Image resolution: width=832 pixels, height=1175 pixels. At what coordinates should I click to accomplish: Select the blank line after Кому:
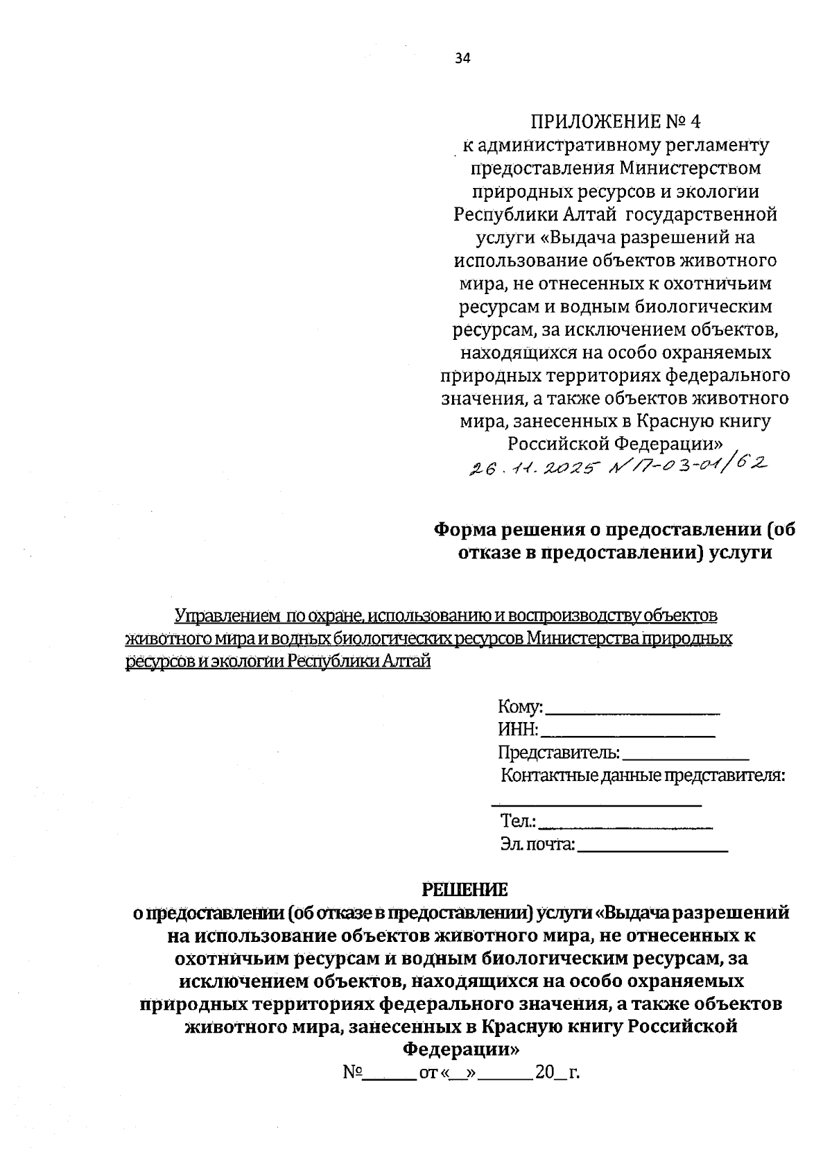click(x=632, y=710)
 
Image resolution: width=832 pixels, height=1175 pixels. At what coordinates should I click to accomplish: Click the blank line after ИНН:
click(x=627, y=733)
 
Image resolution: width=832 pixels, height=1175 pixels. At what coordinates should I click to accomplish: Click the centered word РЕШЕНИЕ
click(x=465, y=889)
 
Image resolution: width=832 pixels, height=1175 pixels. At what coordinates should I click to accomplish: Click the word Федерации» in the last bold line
click(x=461, y=1049)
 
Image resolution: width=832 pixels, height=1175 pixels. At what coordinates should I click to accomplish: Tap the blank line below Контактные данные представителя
click(x=596, y=802)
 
